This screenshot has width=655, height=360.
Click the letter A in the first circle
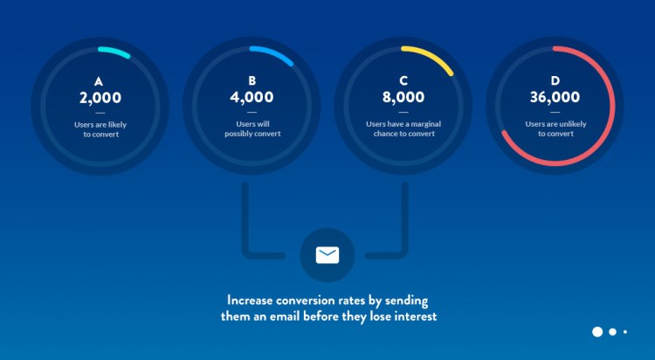(x=99, y=81)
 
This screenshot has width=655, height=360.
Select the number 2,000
(x=100, y=98)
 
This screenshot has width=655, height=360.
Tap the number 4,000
(x=252, y=97)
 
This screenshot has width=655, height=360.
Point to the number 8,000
(x=403, y=97)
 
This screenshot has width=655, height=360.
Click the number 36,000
(x=555, y=97)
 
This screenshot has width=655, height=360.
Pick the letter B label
(x=252, y=80)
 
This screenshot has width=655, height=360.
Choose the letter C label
(x=403, y=80)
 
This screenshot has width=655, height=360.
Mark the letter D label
(x=555, y=80)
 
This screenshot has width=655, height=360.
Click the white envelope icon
(x=327, y=255)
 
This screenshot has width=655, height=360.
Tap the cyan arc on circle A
(x=114, y=51)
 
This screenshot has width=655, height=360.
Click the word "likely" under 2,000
(x=117, y=125)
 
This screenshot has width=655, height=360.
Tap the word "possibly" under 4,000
(x=238, y=134)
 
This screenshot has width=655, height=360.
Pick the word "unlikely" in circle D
(x=572, y=124)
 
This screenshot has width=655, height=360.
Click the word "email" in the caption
(x=286, y=316)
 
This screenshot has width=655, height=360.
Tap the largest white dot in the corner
(x=597, y=331)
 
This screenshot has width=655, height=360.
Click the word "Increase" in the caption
(x=250, y=301)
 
